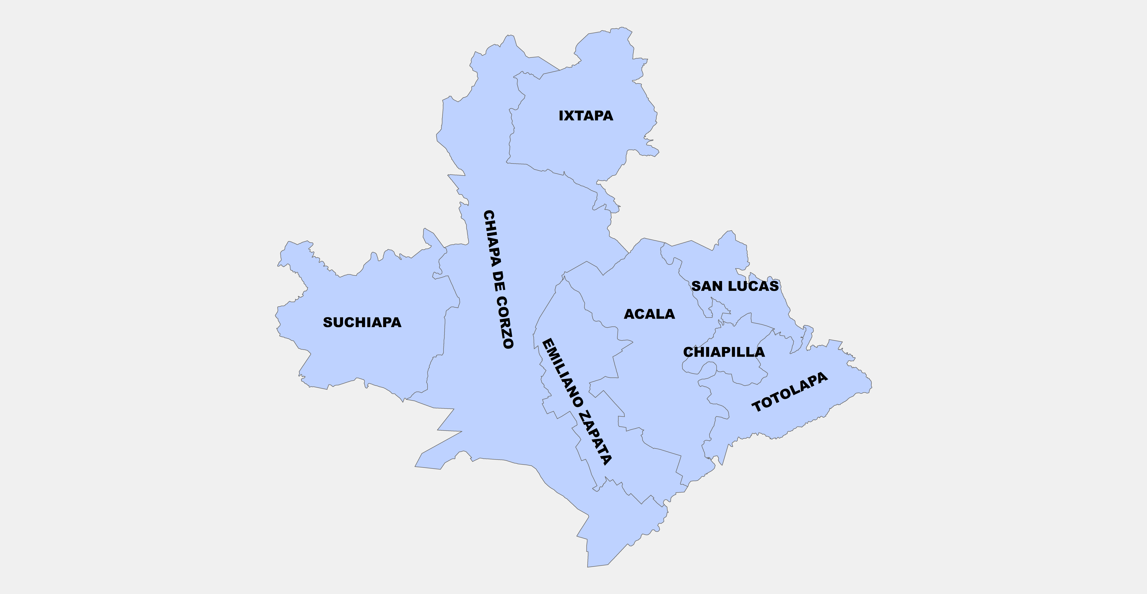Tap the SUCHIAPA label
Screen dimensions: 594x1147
point(362,322)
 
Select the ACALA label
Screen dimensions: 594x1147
point(649,314)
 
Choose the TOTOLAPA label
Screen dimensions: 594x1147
point(789,392)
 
